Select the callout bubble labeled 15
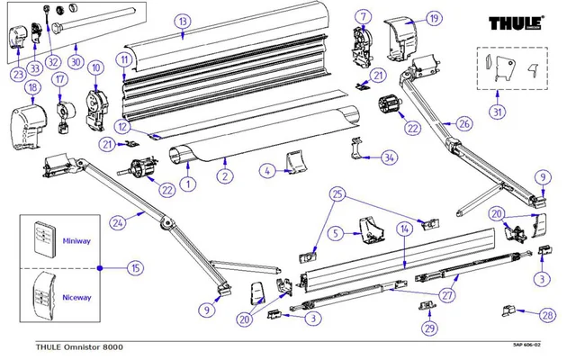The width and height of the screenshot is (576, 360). [135, 267]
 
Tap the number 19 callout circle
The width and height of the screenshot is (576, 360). [434, 17]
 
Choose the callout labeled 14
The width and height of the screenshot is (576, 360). [404, 230]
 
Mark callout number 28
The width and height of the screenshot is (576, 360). [545, 317]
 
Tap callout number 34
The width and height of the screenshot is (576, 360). [388, 158]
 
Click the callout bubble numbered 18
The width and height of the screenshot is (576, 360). [31, 87]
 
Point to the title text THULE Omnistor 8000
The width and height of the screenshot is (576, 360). [79, 347]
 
